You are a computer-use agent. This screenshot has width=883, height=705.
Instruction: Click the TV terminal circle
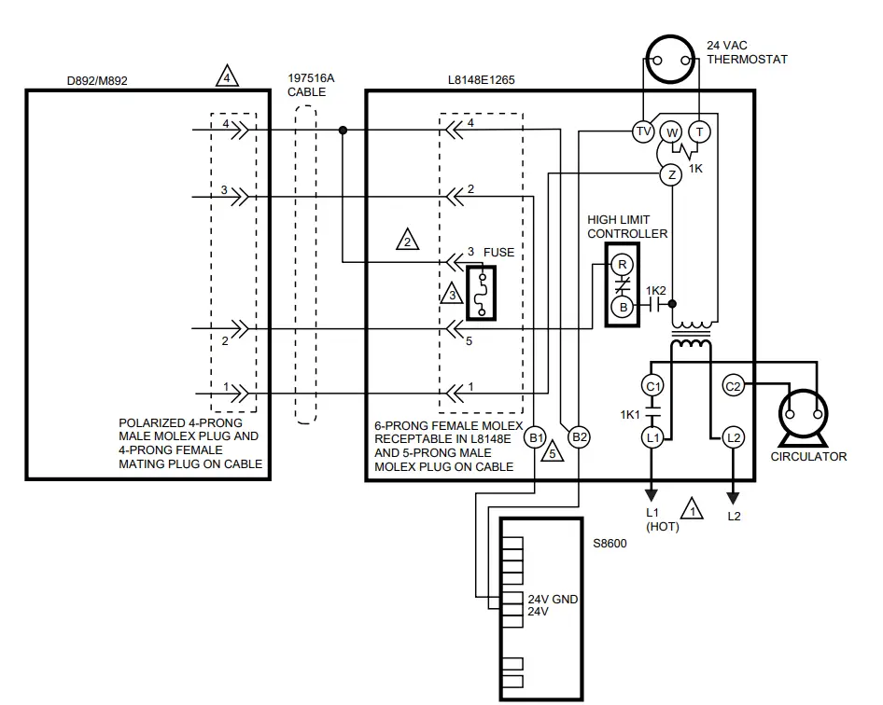click(643, 131)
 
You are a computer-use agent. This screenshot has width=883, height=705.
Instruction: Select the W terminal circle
click(671, 131)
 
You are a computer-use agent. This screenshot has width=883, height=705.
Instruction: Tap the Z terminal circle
click(670, 174)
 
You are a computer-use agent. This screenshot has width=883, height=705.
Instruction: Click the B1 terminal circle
click(536, 436)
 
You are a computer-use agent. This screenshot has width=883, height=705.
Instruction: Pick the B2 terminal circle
click(579, 436)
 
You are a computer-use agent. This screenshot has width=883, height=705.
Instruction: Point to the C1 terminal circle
click(653, 386)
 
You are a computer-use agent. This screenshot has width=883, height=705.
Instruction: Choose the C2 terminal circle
click(733, 386)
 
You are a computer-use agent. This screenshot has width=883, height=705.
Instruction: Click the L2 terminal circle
click(733, 436)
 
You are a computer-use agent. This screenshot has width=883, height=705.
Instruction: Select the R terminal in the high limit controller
click(623, 265)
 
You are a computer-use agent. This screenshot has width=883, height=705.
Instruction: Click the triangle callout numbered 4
click(226, 76)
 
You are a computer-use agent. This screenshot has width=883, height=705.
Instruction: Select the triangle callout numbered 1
click(692, 509)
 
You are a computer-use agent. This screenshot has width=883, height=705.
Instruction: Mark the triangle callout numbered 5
click(553, 452)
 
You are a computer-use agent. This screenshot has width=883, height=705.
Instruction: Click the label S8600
click(610, 543)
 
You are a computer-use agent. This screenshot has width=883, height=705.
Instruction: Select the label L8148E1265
click(481, 80)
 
